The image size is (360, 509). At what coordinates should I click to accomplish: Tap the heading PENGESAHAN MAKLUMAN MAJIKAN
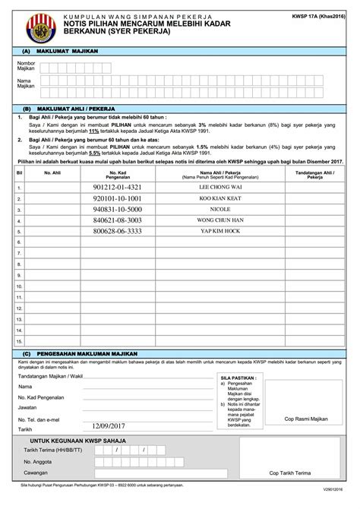pyautogui.click(x=87, y=354)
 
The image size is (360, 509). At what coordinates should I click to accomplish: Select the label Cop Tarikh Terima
pyautogui.click(x=289, y=492)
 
